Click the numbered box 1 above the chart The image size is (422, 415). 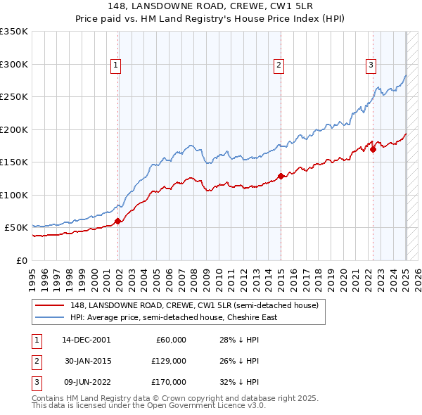pyautogui.click(x=115, y=65)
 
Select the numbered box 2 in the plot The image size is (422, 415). pyautogui.click(x=279, y=65)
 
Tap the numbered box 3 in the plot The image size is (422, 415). pyautogui.click(x=371, y=65)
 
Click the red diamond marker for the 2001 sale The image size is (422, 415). pyautogui.click(x=118, y=221)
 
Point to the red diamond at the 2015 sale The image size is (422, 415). pyautogui.click(x=281, y=176)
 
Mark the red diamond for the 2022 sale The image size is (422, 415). pyautogui.click(x=373, y=148)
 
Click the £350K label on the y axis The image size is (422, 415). pyautogui.click(x=14, y=32)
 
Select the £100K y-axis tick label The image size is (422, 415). pyautogui.click(x=14, y=195)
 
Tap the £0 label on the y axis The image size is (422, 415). pyautogui.click(x=20, y=260)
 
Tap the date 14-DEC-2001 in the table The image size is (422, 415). pyautogui.click(x=87, y=340)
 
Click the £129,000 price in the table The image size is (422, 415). pyautogui.click(x=170, y=361)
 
